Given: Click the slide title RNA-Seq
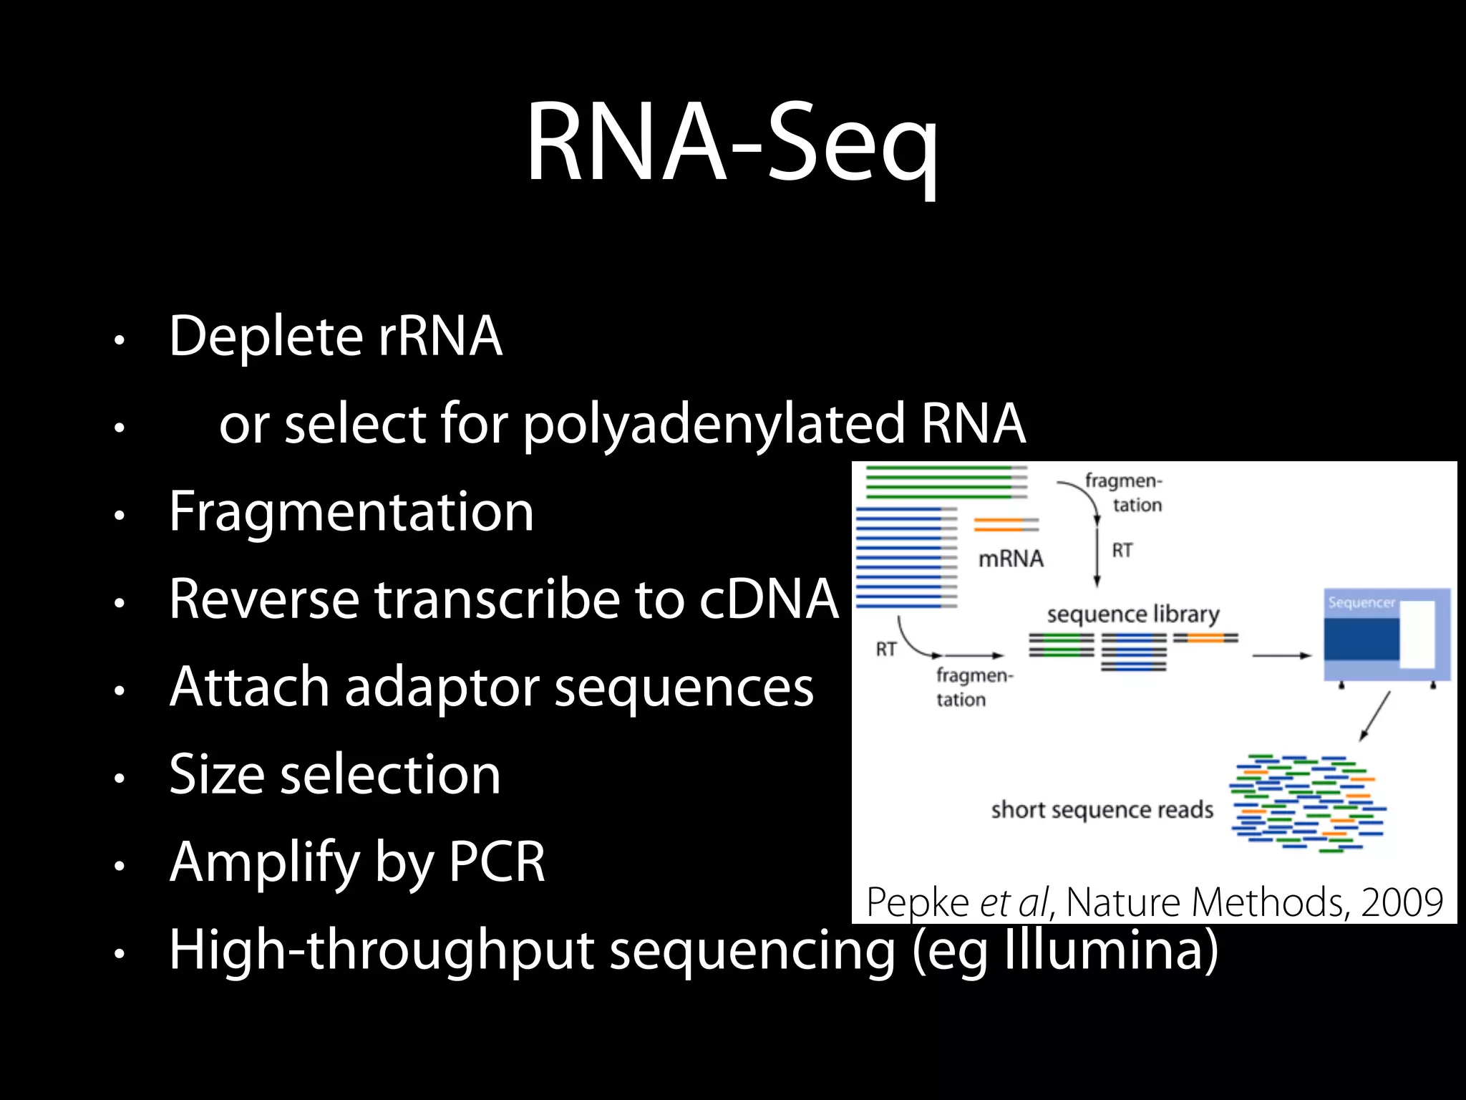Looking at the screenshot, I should [x=732, y=143].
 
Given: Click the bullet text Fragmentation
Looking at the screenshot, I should [x=351, y=512].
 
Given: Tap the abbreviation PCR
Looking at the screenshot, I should [x=497, y=862].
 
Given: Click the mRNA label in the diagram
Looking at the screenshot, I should [x=1011, y=559].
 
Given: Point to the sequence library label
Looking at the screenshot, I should [x=1132, y=614].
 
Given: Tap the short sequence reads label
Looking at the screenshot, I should [x=1102, y=810].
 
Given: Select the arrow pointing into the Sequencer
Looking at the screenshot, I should [x=1281, y=655].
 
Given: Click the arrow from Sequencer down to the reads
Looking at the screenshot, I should [x=1374, y=716].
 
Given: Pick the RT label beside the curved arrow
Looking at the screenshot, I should [x=886, y=649].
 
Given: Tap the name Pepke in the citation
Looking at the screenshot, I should [x=917, y=902].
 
